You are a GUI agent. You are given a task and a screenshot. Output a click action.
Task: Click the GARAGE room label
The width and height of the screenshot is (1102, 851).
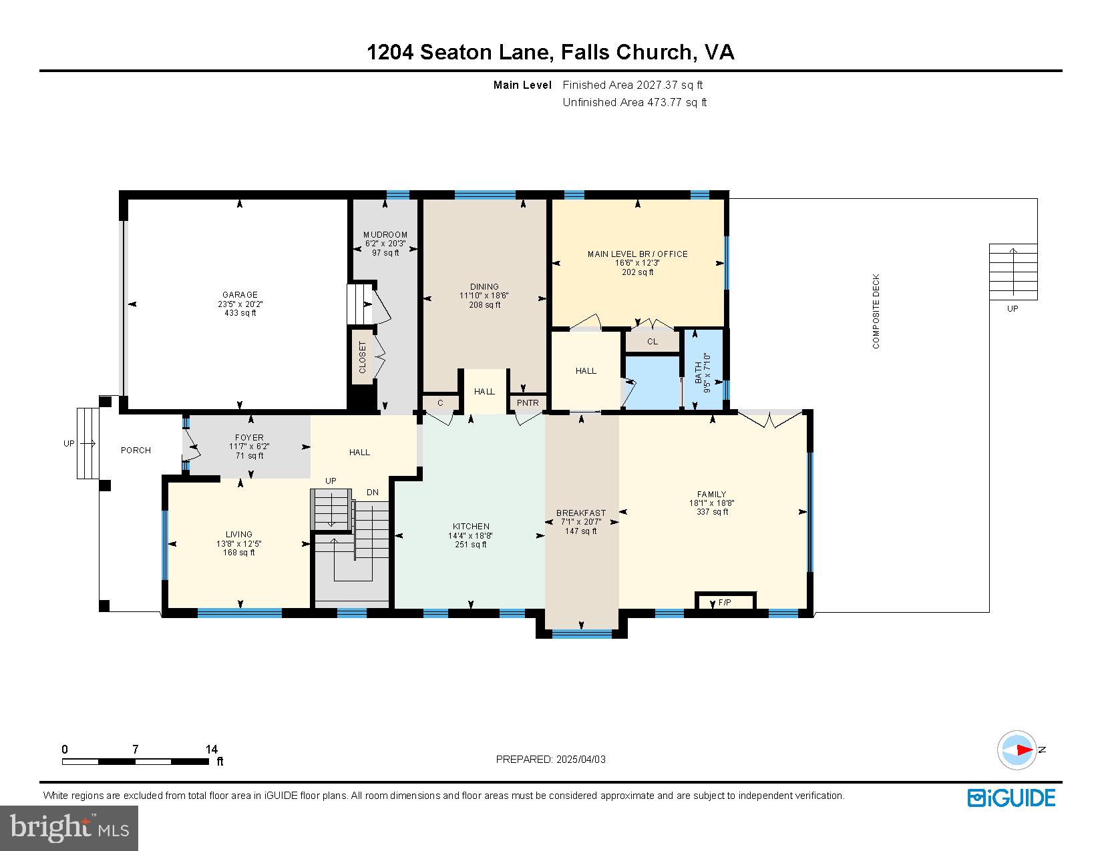tap(240, 294)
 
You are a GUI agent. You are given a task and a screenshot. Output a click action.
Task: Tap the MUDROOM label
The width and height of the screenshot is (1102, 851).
tap(385, 235)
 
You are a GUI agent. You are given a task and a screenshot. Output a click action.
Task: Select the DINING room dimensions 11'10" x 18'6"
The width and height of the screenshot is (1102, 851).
tap(484, 296)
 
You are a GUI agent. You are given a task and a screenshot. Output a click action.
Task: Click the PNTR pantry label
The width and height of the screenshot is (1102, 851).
tap(528, 402)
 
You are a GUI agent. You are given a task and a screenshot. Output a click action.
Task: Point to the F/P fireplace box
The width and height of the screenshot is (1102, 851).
tap(725, 601)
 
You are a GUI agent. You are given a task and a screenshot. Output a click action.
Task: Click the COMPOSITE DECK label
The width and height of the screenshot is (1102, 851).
tap(876, 311)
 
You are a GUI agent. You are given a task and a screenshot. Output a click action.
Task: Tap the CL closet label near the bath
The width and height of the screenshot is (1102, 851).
tap(653, 342)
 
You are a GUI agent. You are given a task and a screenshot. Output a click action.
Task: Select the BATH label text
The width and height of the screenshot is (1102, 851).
tap(699, 372)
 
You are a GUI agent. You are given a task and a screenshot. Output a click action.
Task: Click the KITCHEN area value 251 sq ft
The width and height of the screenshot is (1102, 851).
tap(471, 545)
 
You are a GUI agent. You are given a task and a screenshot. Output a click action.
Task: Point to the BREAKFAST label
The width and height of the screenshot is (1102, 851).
tap(581, 513)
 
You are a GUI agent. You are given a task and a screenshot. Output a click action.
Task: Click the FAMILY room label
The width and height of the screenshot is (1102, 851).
tap(711, 494)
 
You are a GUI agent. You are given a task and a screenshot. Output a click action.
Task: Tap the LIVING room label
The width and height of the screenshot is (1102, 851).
tap(239, 534)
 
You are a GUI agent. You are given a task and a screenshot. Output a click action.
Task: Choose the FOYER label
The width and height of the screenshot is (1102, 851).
tap(249, 437)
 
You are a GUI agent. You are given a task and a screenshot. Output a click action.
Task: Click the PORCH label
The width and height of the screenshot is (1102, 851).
tap(136, 450)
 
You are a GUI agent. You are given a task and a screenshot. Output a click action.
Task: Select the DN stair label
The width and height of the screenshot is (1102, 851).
tap(373, 492)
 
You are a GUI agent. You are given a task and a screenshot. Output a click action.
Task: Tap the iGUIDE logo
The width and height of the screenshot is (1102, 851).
tap(1011, 798)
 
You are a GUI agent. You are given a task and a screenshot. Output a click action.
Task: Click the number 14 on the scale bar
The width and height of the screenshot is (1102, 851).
tap(212, 749)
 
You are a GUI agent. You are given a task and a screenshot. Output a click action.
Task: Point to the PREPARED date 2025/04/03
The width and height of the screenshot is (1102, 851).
tap(580, 760)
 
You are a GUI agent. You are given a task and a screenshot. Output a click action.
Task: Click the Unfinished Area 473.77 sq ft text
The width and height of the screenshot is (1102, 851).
tap(634, 102)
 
